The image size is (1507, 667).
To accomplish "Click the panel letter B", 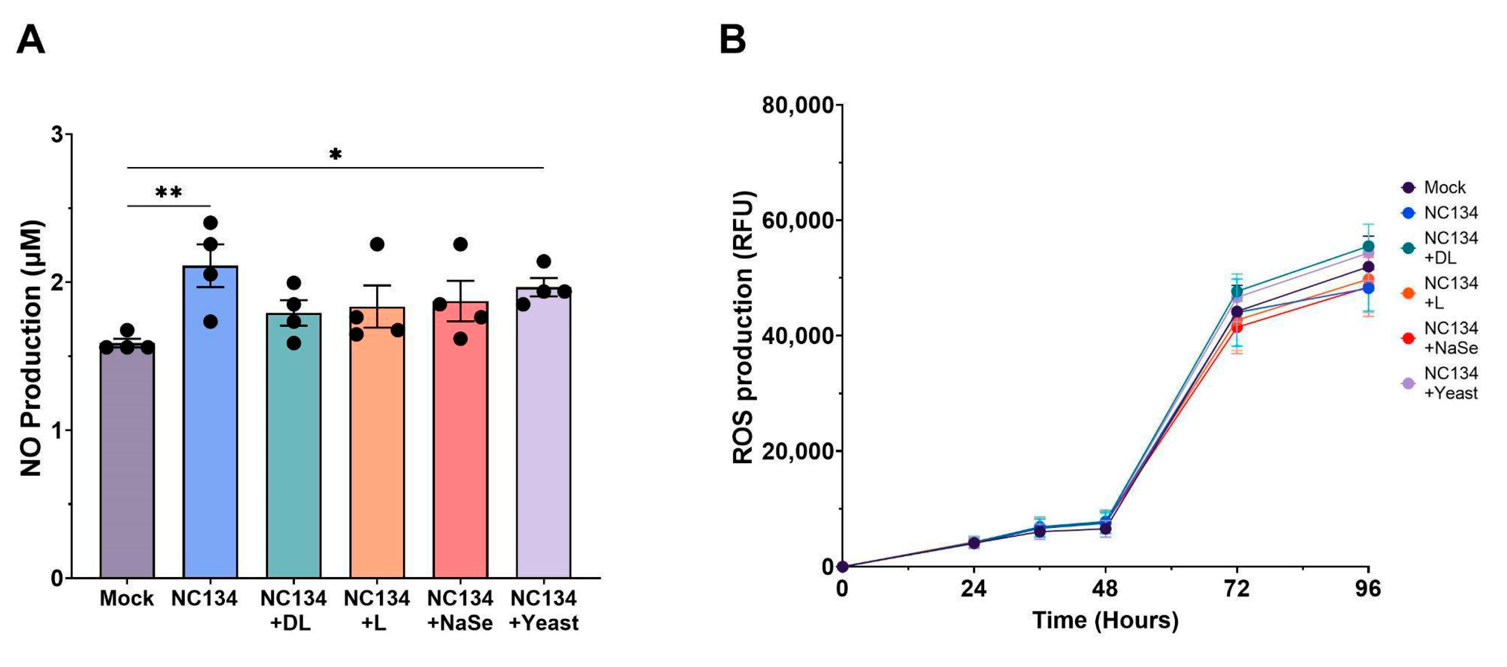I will pos(733,40).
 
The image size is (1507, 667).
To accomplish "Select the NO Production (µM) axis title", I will pos(32,348).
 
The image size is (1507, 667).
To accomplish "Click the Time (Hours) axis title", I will pos(1105,620).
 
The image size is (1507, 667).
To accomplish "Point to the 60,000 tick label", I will pos(798,221).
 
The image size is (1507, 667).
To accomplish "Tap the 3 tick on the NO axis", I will pos(57,134).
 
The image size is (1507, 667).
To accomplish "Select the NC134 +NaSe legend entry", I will pos(1450,338).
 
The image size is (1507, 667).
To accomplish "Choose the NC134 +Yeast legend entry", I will pos(1450,383).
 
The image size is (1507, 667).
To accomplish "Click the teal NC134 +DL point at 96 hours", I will pos(1368,246).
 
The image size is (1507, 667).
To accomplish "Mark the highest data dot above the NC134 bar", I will pos(211,223).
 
